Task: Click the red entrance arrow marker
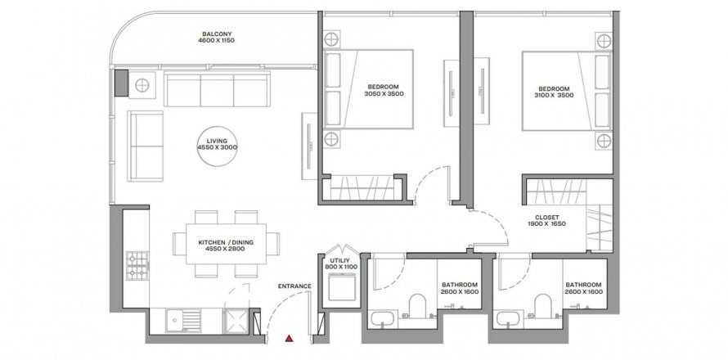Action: pos(290,338)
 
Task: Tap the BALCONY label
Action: pos(217,34)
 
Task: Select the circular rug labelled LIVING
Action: pos(218,146)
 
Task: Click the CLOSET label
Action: pos(547,217)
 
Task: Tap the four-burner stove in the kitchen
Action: pos(137,266)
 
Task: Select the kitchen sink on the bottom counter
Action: pos(183,321)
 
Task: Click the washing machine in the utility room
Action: pos(341,287)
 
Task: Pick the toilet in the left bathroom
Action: pos(417,306)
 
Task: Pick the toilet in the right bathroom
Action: pos(543,306)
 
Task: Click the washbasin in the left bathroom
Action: pos(383,320)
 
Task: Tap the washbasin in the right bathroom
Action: pos(508,320)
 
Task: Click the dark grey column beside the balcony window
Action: pos(121,83)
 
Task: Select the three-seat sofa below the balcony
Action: pos(217,88)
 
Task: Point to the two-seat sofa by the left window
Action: pos(146,146)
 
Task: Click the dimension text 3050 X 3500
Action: pos(384,93)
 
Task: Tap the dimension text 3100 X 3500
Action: pos(554,95)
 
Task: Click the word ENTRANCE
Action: pos(294,286)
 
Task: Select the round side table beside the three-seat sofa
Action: pos(142,85)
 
